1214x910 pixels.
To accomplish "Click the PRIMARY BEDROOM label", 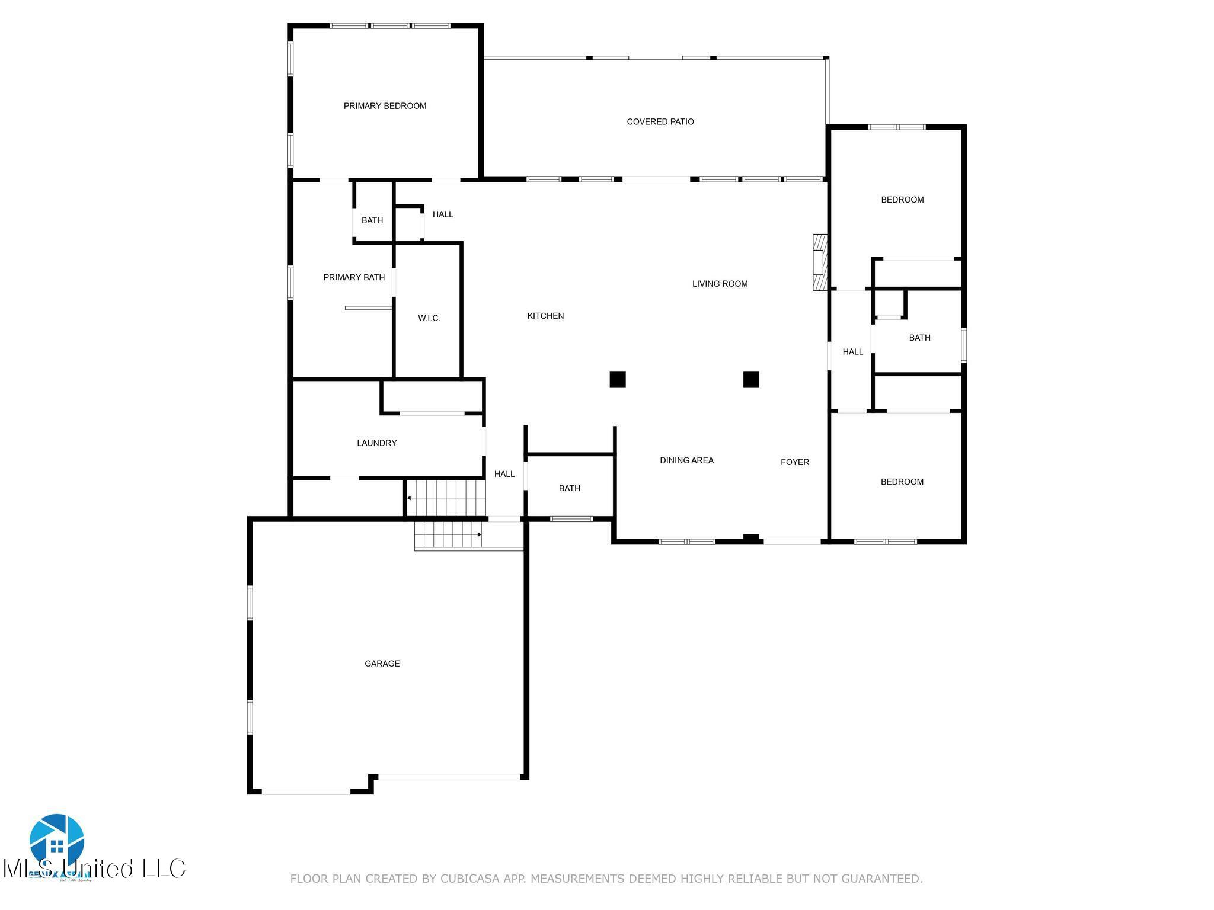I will (x=385, y=106).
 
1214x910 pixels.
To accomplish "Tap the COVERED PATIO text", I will (x=660, y=121).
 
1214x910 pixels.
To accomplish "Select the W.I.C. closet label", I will (x=429, y=318).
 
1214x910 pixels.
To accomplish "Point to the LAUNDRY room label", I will (x=376, y=443).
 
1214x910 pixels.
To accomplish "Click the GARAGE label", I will (x=382, y=663).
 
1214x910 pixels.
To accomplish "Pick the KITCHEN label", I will (x=545, y=316).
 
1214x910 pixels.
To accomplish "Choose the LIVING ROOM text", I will (x=720, y=284).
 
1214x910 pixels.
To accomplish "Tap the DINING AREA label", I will (x=686, y=460).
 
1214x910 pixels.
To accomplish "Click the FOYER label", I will (x=794, y=462).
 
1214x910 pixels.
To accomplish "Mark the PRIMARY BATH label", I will (x=354, y=277).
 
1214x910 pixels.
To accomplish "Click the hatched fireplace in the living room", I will (x=820, y=262).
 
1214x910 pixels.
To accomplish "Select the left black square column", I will (x=618, y=379).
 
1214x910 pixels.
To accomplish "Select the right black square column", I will (x=751, y=379).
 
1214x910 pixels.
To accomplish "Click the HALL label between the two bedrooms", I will (x=852, y=351).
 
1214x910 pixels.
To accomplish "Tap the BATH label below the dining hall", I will (x=569, y=488).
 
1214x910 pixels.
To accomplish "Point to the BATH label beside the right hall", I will (x=919, y=338).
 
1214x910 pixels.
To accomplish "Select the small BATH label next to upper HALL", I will (x=372, y=220).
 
